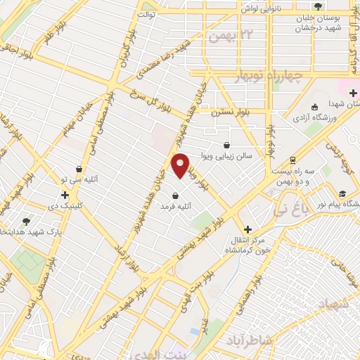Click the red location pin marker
[x=181, y=165]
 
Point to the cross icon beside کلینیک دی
[x=65, y=195]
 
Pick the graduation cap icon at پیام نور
[x=342, y=193]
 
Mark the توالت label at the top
[x=146, y=13]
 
